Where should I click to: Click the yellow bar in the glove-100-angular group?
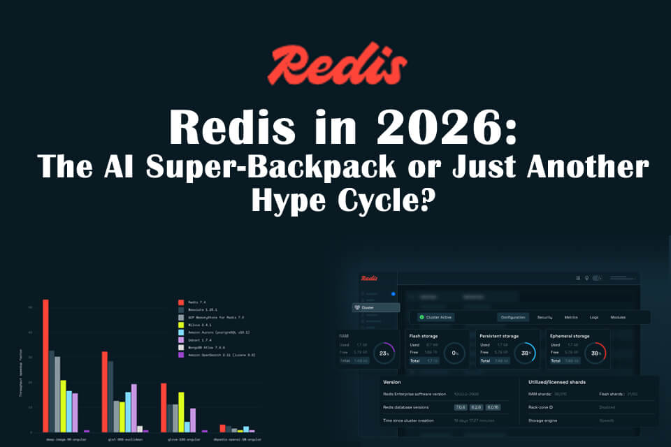click(x=182, y=411)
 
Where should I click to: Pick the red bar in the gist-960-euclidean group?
click(x=105, y=391)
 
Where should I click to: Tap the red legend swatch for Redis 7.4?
click(x=180, y=302)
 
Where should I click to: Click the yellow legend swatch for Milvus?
click(x=180, y=324)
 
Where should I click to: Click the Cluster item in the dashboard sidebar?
click(x=376, y=307)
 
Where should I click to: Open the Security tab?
click(x=544, y=317)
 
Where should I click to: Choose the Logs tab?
click(x=593, y=317)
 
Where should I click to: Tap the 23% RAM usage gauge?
click(x=383, y=353)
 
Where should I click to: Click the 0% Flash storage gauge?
click(x=455, y=353)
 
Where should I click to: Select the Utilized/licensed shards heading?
click(x=558, y=382)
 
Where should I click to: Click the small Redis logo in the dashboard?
click(x=370, y=277)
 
